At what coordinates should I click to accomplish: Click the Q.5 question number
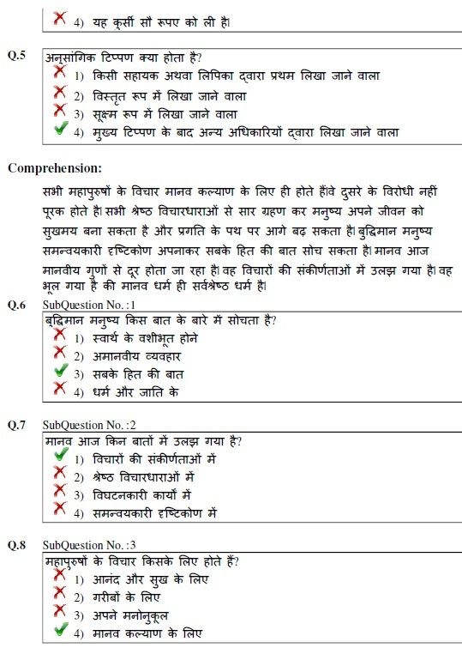coord(16,55)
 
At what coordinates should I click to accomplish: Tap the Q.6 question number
coord(16,305)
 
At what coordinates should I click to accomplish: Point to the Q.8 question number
coord(16,545)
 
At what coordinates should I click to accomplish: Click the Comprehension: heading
coord(55,167)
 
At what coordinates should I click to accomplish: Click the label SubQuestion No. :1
coord(89,305)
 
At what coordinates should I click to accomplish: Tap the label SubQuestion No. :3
coord(89,545)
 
